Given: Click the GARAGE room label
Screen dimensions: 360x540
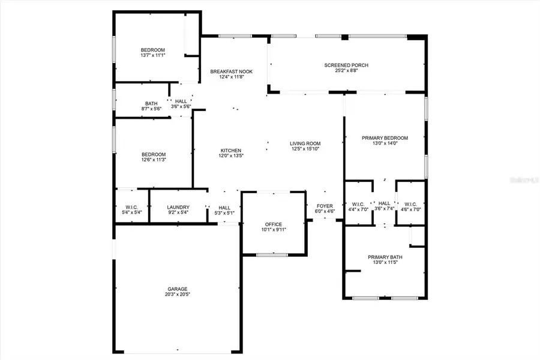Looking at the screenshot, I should pyautogui.click(x=178, y=288).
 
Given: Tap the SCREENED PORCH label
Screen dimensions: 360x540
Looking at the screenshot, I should pyautogui.click(x=346, y=65).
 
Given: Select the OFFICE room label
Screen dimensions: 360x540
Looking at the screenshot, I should pyautogui.click(x=274, y=224).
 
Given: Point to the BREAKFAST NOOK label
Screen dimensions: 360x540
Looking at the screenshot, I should pyautogui.click(x=231, y=71).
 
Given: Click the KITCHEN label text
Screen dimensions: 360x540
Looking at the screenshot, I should pyautogui.click(x=231, y=150).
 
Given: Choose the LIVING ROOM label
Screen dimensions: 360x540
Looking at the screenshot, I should pyautogui.click(x=305, y=143).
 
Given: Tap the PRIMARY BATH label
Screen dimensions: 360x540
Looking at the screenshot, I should pyautogui.click(x=385, y=257).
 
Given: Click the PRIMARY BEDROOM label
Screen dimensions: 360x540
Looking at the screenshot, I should pyautogui.click(x=385, y=137).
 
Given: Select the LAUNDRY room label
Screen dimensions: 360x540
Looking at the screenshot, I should pyautogui.click(x=178, y=207).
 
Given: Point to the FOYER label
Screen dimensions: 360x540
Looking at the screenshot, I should pyautogui.click(x=325, y=206).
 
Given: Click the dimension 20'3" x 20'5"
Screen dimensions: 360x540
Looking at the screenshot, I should pyautogui.click(x=178, y=294).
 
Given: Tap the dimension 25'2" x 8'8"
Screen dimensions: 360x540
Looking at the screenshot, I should pyautogui.click(x=346, y=71).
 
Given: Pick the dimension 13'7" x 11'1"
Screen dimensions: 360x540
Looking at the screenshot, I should pyautogui.click(x=153, y=55).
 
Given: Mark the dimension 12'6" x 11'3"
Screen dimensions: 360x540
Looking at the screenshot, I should pyautogui.click(x=153, y=159).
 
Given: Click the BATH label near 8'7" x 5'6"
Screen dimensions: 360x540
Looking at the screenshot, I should pyautogui.click(x=151, y=103).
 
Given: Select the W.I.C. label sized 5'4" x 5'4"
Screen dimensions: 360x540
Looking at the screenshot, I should pyautogui.click(x=131, y=207).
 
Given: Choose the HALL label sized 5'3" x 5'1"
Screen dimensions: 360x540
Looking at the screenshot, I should pyautogui.click(x=224, y=208).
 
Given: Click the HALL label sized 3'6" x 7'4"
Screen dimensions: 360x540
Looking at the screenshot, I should pyautogui.click(x=385, y=203).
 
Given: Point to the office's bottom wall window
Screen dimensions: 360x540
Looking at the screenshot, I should pyautogui.click(x=272, y=255).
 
